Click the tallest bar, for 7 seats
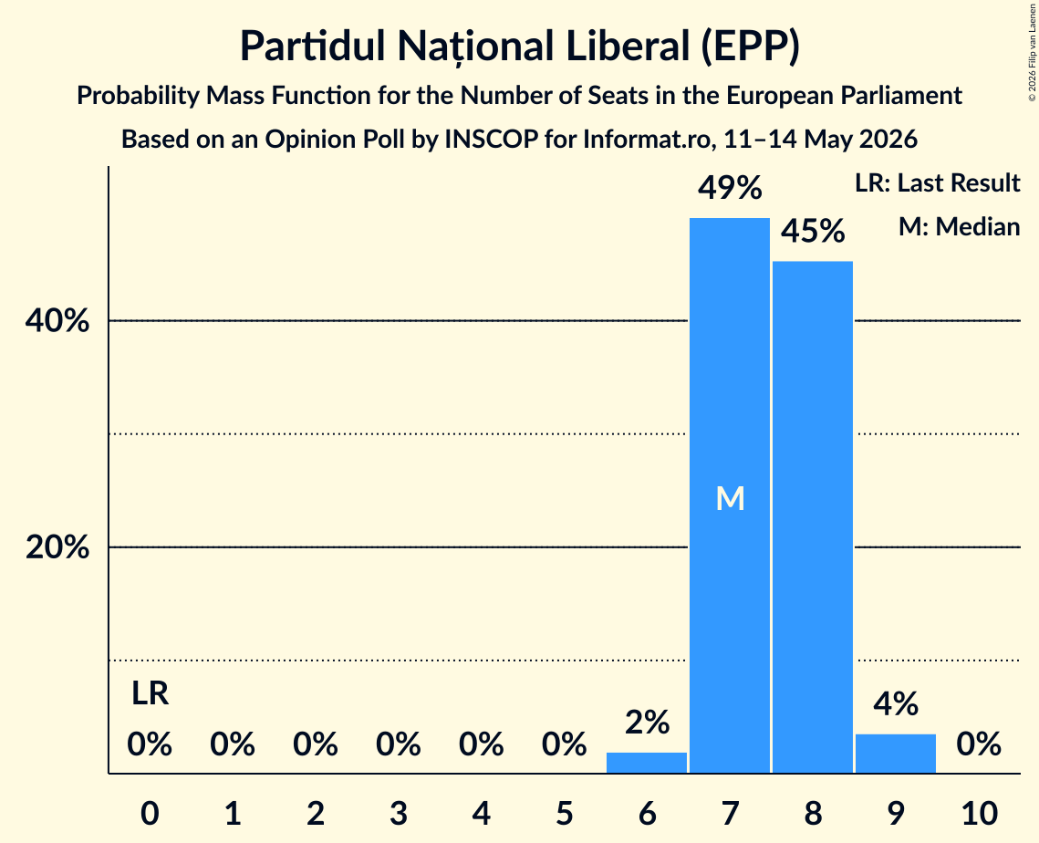pos(730,495)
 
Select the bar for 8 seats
pos(813,517)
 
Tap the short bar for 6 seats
pos(647,763)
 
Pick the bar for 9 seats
pos(895,754)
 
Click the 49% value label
pos(730,188)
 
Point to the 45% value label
pos(813,232)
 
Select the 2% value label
pos(647,723)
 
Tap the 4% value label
pos(895,703)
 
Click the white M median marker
pos(730,498)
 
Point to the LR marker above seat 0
pos(150,693)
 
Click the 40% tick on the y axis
pos(57,321)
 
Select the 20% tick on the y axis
pos(57,547)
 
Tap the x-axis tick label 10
pos(980,813)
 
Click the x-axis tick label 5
pos(564,813)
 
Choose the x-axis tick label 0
pos(150,813)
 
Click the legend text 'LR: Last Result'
pos(937,182)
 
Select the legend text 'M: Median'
pos(959,226)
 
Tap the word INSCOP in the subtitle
pos(491,140)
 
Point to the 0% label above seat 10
pos(979,744)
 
